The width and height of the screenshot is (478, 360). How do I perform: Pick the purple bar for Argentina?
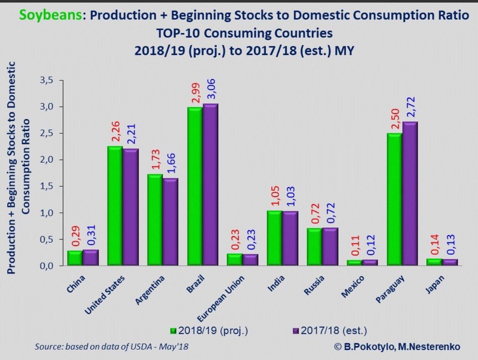click(x=170, y=222)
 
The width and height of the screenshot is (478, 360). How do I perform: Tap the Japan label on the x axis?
click(x=435, y=284)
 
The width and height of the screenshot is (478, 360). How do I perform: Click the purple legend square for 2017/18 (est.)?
click(x=296, y=331)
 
